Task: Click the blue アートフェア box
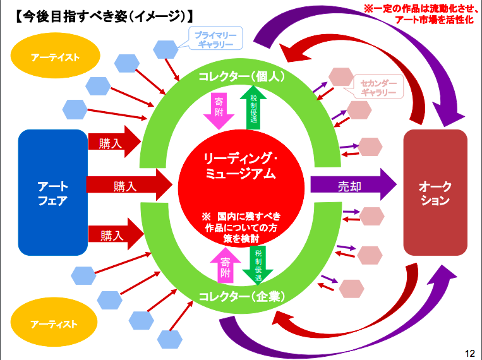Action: point(53,193)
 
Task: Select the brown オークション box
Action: point(435,193)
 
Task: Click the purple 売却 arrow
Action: point(354,184)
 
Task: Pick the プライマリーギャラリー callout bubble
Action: point(215,39)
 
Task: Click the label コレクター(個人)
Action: point(242,76)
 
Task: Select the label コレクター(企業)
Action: point(242,296)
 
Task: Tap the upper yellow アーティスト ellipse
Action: point(56,56)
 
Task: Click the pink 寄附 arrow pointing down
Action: point(219,111)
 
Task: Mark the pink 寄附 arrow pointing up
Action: point(226,265)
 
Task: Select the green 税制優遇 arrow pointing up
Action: point(253,107)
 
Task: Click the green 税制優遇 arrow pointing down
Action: point(258,265)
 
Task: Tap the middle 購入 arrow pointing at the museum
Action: point(130,184)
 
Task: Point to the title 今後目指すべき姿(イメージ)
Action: point(104,16)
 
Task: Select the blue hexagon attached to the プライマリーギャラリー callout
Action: point(166,49)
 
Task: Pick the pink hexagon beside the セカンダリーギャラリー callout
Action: point(341,77)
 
